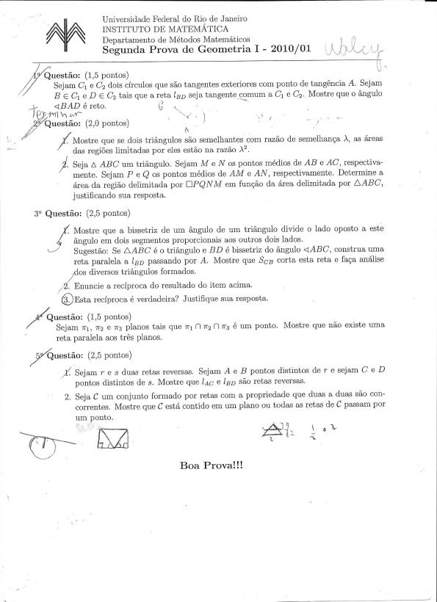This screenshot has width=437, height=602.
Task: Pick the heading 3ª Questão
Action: [x=57, y=214]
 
